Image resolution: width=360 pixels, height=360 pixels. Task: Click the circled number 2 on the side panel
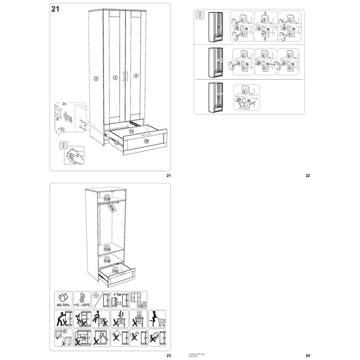96,78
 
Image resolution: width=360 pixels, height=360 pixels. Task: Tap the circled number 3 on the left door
115,78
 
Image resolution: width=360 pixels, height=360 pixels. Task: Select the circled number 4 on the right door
136,76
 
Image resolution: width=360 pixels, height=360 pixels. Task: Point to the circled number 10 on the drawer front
146,141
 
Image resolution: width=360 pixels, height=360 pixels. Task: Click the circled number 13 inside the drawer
131,131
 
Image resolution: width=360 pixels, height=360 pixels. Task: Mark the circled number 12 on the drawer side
116,142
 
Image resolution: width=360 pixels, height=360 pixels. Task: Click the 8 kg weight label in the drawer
115,271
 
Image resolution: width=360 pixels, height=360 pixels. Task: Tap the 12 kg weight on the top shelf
107,198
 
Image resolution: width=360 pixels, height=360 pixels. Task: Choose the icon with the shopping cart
157,318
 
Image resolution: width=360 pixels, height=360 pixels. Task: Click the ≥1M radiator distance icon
119,299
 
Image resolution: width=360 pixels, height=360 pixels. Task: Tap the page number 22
308,175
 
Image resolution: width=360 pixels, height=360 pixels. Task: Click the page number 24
308,355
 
